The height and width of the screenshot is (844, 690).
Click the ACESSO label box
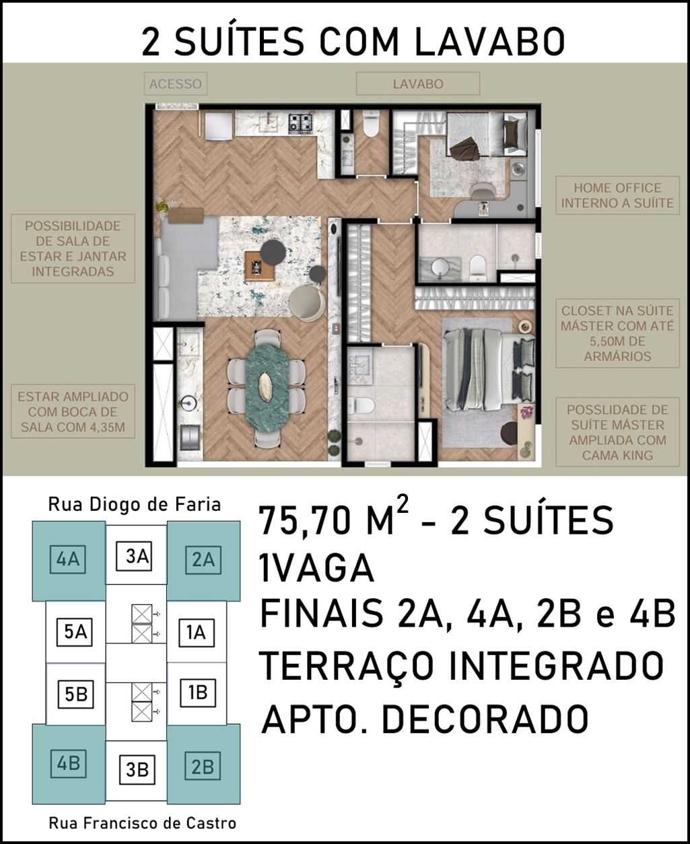pos(175,83)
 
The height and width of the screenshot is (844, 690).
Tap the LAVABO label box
pos(418,83)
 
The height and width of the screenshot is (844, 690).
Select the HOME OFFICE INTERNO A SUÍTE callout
pos(617,195)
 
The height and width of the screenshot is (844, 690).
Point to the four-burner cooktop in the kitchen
pos(301,122)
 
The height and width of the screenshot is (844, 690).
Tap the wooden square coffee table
pos(260,265)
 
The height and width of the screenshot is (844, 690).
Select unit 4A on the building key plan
pos(68,559)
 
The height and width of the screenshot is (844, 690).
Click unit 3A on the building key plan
pos(137,556)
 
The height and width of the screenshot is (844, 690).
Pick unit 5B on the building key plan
pos(75,695)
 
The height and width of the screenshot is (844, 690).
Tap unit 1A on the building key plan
pos(196,633)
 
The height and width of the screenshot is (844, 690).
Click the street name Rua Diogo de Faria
pos(135,505)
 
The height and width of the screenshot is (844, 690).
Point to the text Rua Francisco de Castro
pos(143,823)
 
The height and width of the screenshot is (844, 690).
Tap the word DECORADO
pos(485,718)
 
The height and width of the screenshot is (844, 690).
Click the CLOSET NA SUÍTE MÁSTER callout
pos(617,333)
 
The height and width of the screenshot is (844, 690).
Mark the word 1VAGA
pos(317,569)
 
